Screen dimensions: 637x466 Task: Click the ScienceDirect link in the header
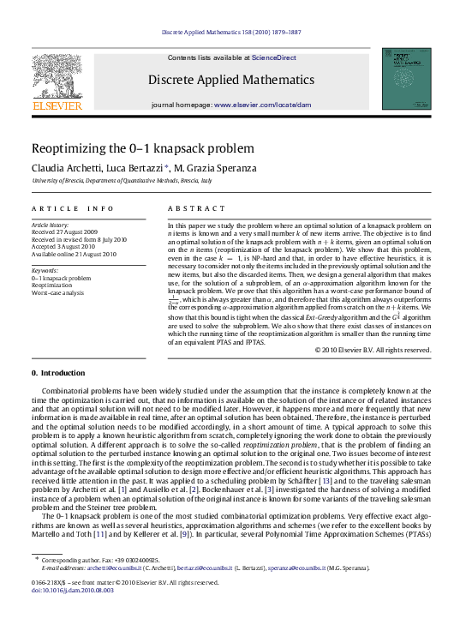pos(274,57)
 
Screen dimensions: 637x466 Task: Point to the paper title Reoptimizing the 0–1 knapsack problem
pos(137,147)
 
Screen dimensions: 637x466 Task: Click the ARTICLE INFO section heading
pos(73,208)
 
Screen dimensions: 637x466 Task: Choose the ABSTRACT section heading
pos(190,208)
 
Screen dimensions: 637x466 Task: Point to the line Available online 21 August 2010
pos(73,254)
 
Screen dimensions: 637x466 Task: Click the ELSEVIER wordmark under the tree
pos(57,105)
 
